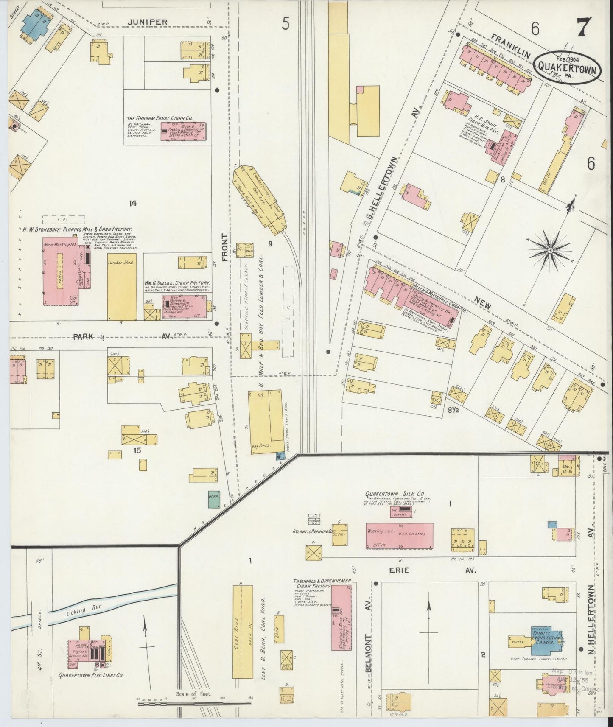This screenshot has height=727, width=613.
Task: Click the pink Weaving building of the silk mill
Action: coord(399,535)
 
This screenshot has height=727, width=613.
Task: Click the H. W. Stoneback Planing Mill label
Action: coord(77,229)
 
